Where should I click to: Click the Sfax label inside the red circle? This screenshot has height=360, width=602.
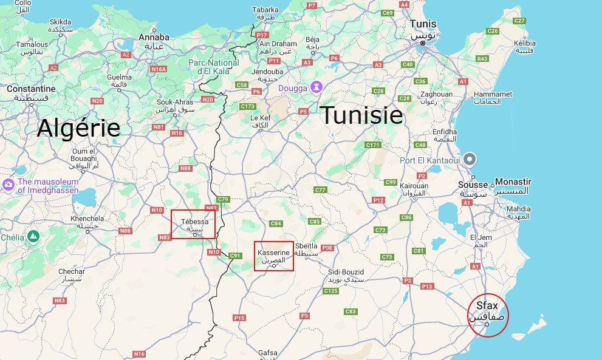pos(488,305)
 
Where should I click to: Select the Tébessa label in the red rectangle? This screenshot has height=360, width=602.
pos(194,222)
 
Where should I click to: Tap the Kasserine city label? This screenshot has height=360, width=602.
pos(273,252)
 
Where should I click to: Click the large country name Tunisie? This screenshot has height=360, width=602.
pos(361,115)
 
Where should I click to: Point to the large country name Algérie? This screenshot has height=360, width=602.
pos(78,128)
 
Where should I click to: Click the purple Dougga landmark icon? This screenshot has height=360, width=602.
pos(316,87)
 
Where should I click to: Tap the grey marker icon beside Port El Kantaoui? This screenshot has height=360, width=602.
pos(470,160)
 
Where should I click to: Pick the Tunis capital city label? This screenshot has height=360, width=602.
pos(423,24)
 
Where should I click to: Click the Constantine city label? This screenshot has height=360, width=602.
pos(31,89)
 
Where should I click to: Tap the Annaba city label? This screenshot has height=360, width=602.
pos(154,38)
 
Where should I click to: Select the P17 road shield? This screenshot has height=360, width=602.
pos(263,35)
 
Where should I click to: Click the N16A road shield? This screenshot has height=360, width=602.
pos(159,69)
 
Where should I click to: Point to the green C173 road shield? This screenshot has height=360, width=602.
pos(247,106)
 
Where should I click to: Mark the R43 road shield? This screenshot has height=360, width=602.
pos(482,59)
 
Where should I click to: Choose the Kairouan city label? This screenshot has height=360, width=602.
pos(414,186)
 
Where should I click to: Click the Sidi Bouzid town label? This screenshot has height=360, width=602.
pos(346,272)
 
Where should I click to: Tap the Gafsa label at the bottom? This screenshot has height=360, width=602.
pos(267,353)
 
